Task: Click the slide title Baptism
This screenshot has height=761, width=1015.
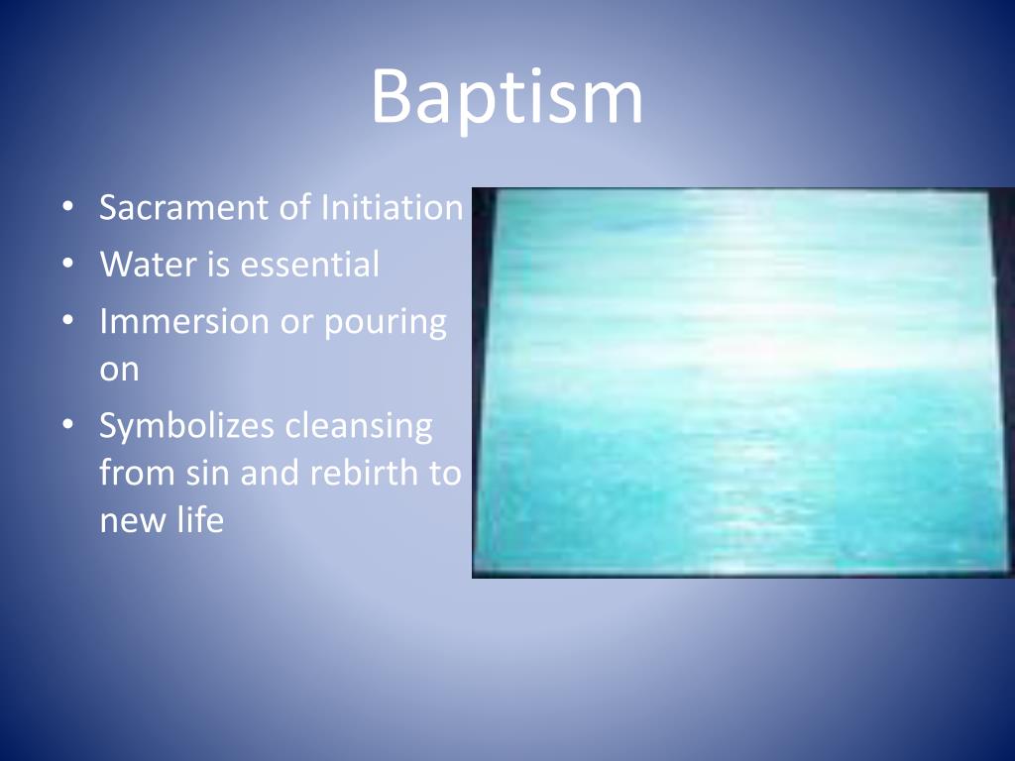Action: pos(507,97)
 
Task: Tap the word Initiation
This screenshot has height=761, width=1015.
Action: pos(392,208)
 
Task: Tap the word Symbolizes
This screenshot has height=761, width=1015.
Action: pos(185,427)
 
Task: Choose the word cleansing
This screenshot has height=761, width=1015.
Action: pos(359,427)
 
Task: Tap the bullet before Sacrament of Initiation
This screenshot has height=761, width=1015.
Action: pos(66,209)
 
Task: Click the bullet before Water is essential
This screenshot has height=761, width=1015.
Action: pos(66,266)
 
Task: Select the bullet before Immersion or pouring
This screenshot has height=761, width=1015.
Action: pos(66,323)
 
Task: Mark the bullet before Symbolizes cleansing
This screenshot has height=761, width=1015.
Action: pos(66,427)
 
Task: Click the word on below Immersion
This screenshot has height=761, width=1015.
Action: pos(119,371)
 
